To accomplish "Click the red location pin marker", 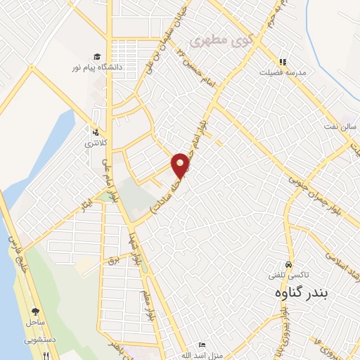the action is pyautogui.click(x=181, y=165).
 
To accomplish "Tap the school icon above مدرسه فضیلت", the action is pyautogui.click(x=283, y=62).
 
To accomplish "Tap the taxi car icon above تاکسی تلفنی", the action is pyautogui.click(x=290, y=257).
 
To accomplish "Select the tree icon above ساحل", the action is pyautogui.click(x=35, y=310).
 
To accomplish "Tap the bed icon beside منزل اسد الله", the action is pyautogui.click(x=202, y=346).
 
